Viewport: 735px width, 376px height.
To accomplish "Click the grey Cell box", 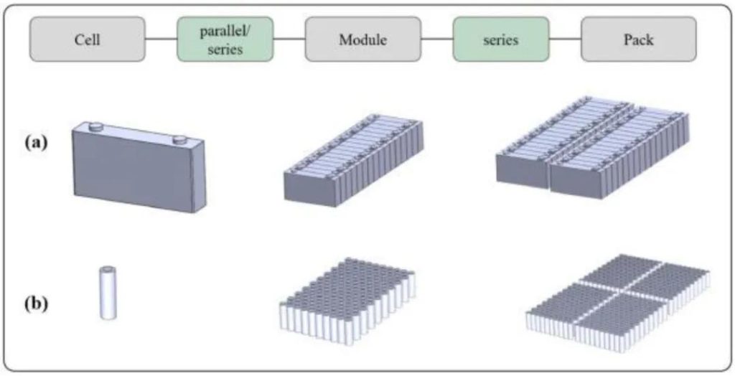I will tap(87, 39).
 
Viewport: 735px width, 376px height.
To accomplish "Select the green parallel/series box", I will tap(225, 39).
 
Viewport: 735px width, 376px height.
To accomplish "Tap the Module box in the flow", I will tap(362, 39).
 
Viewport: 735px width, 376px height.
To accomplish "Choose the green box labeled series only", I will tap(501, 39).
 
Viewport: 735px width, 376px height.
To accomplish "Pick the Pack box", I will tap(638, 39).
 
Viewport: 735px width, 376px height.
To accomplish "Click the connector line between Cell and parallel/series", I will tap(161, 39).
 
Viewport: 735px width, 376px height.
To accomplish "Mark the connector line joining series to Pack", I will tap(566, 39).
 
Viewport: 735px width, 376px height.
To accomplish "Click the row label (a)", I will tap(37, 143).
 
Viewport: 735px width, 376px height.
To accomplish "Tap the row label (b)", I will tap(37, 302).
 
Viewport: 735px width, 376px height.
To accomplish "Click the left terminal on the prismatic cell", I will tap(94, 127).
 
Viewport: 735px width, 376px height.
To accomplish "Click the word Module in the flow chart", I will tap(362, 39).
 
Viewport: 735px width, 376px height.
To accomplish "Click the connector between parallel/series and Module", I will tap(289, 39).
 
